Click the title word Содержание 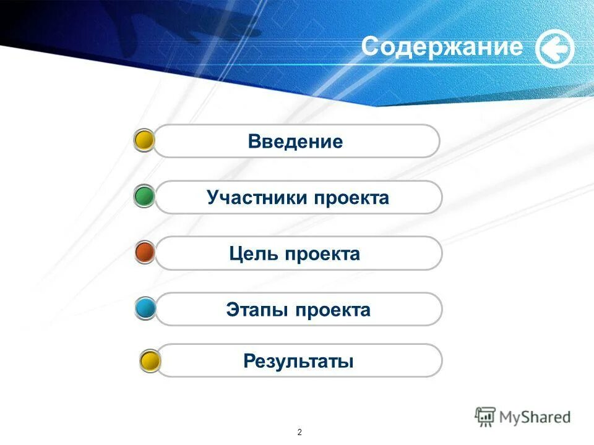coord(442,47)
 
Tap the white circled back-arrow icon coord(554,49)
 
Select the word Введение coord(295,142)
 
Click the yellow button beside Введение coord(145,141)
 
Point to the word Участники coord(257,198)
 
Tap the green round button coord(145,197)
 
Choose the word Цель coord(254,253)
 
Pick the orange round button coord(145,253)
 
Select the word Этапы coord(257,310)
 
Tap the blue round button coord(146,308)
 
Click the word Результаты coord(298,361)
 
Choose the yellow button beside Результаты coord(150,361)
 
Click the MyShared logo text coord(535,417)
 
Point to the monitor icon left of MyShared coord(486,417)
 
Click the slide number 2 coord(299,431)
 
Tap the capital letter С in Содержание coord(370,47)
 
